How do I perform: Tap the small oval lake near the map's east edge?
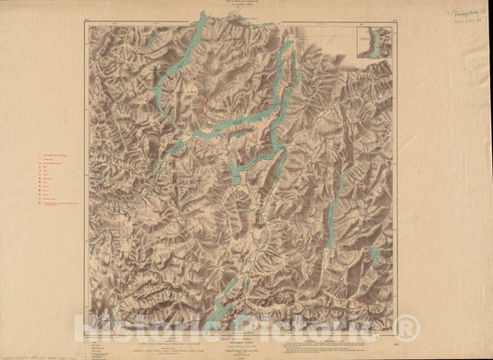click(375, 253)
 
